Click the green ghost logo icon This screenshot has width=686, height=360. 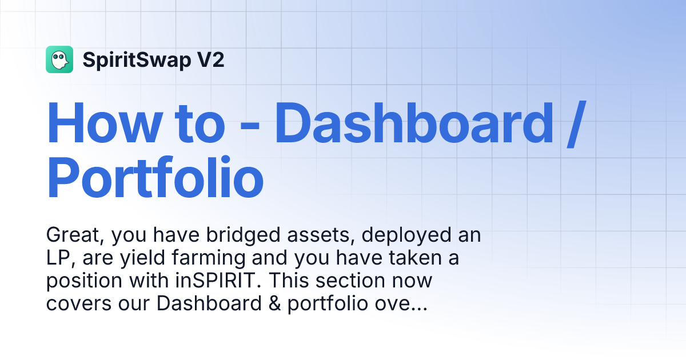tap(59, 59)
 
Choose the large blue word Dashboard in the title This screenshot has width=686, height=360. tap(414, 123)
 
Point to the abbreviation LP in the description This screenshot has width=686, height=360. tap(58, 258)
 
